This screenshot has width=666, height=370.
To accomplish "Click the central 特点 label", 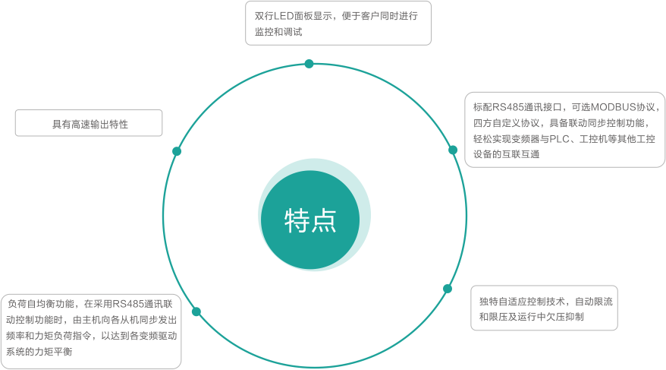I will (309, 220).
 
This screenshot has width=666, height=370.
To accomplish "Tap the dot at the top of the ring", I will (309, 64).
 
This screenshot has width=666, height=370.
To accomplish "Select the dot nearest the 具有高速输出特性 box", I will (177, 151).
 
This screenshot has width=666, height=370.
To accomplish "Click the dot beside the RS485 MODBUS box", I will (453, 150).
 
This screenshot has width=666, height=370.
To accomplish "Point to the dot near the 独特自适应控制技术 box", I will (448, 289).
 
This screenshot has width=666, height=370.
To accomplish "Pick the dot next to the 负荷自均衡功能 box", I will (196, 311).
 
